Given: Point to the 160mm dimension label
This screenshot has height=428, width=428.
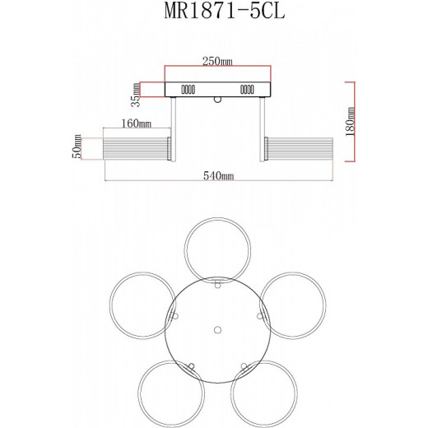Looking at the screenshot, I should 135,123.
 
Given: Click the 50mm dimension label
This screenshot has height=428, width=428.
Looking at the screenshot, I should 77,147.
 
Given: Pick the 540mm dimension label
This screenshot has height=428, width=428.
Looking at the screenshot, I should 219,176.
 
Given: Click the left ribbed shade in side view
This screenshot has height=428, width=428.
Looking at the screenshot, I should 135,149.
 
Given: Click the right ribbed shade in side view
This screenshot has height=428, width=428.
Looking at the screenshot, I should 297,149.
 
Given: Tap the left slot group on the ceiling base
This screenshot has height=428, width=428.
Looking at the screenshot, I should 187,89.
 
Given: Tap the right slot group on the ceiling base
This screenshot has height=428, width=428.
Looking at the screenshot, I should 246,89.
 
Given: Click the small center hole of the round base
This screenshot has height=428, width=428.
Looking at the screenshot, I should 217,329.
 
